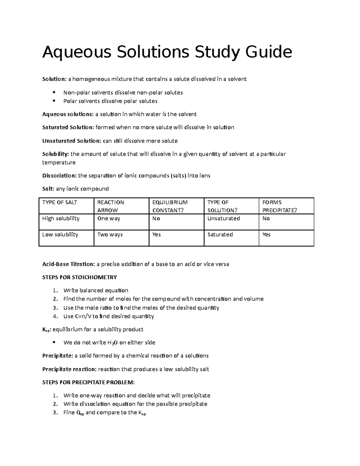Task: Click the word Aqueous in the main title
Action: pos(77,52)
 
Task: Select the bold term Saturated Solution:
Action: pos(68,127)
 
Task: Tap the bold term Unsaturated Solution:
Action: pos(71,141)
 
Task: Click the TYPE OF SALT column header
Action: pos(59,203)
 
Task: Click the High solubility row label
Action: pos(61,218)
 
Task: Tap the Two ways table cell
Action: pos(110,234)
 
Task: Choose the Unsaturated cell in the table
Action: pos(223,218)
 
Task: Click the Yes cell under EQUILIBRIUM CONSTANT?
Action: pos(157,234)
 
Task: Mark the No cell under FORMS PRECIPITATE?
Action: pos(266,218)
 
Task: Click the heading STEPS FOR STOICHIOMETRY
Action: pos(79,277)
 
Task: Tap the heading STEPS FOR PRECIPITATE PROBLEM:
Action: pos(88,382)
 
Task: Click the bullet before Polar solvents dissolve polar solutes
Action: pos(54,101)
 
